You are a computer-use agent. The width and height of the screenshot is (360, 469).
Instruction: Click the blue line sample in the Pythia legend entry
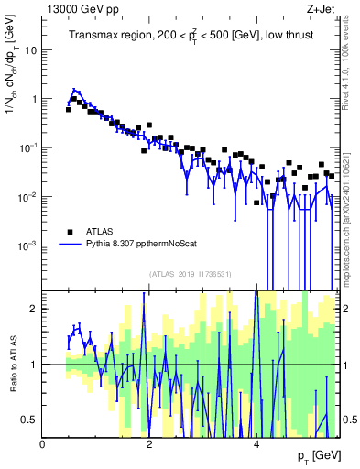pyautogui.click(x=69, y=245)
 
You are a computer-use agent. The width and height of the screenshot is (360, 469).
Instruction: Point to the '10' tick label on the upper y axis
pyautogui.click(x=31, y=50)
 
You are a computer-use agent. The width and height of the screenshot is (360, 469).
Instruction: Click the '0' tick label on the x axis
pyautogui.click(x=42, y=444)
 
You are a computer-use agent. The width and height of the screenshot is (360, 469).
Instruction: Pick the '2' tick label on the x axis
pyautogui.click(x=149, y=444)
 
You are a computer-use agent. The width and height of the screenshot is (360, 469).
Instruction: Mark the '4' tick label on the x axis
pyautogui.click(x=256, y=444)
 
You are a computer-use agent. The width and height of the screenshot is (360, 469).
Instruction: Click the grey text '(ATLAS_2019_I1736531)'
pyautogui.click(x=191, y=274)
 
